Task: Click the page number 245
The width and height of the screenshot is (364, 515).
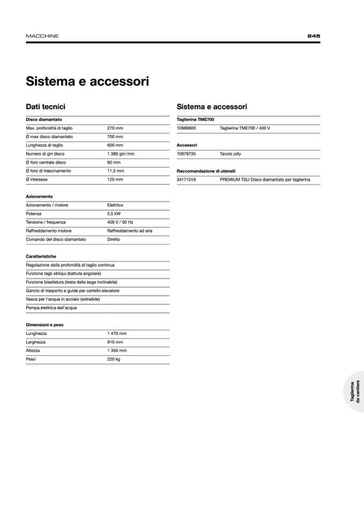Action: coord(314,36)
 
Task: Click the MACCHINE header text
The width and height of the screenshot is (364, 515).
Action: coord(42,36)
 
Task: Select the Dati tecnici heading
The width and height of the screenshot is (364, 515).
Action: coord(46,107)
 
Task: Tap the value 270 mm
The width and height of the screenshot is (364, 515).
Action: coord(115,128)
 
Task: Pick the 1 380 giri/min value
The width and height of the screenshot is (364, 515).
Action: coord(121,154)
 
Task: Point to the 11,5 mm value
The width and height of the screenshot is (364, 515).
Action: coord(116,171)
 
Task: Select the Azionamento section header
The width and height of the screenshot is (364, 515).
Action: coord(39,197)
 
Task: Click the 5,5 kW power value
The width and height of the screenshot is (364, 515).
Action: coord(114,214)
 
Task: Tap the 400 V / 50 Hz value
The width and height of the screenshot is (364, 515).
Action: coord(120,222)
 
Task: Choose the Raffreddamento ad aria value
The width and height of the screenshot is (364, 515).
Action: coord(130,231)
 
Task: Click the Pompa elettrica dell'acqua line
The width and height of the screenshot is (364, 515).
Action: coord(52,308)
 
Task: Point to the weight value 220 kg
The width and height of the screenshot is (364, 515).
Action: coord(114,359)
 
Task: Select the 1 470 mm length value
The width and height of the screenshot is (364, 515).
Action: coord(117,333)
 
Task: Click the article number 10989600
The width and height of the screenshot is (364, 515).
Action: coord(186,128)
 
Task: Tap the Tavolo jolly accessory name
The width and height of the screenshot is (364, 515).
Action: coord(231,154)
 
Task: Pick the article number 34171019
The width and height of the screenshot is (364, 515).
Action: coord(186,180)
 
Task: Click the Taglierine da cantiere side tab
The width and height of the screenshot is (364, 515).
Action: coord(354,391)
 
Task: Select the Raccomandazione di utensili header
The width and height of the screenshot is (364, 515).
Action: coord(206,171)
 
